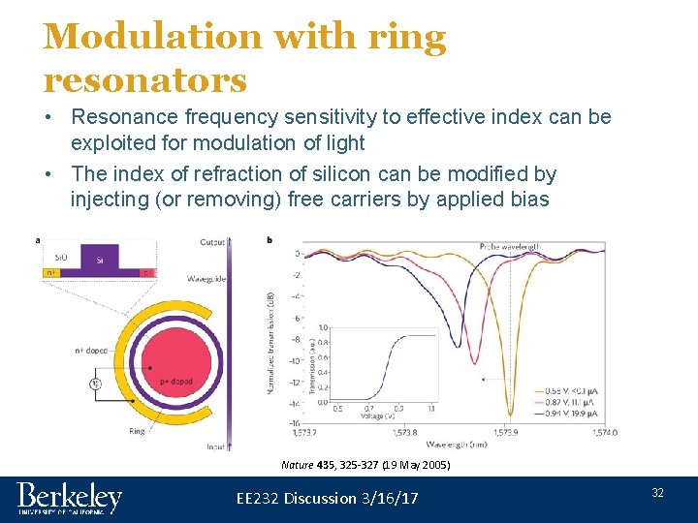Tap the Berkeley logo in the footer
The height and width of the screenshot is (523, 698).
(70, 498)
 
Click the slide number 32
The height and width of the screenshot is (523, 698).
(657, 493)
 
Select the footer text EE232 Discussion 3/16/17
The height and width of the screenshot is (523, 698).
(328, 498)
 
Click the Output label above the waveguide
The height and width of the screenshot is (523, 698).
(212, 242)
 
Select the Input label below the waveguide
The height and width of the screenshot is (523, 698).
(214, 447)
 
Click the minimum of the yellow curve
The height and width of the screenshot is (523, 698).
(511, 415)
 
